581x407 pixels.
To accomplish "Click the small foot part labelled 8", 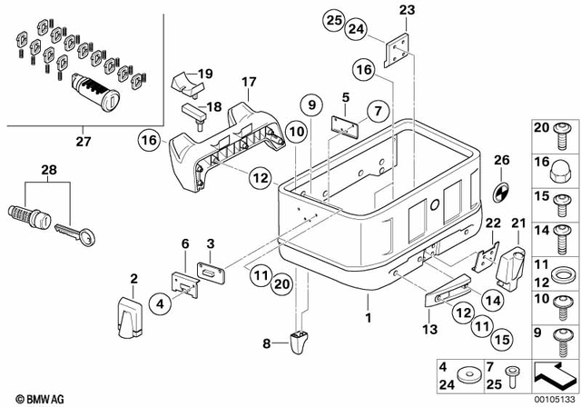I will click(300, 343).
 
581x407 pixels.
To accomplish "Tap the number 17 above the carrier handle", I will click(250, 81).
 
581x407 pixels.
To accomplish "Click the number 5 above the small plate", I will click(345, 96).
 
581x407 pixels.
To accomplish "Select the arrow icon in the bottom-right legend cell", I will click(555, 372).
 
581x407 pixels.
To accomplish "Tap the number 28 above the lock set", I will click(47, 170).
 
